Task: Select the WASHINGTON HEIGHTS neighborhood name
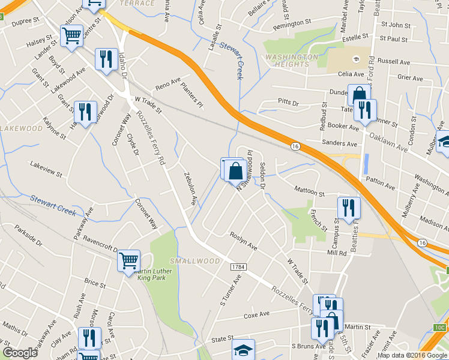tap(291, 61)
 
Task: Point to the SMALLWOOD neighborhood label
tap(194, 261)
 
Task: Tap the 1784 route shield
tap(238, 266)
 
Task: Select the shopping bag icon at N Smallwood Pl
tap(236, 170)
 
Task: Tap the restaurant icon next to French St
tap(349, 208)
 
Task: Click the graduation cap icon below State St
tap(243, 349)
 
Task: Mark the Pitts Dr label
tap(288, 103)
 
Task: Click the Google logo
tap(20, 353)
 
